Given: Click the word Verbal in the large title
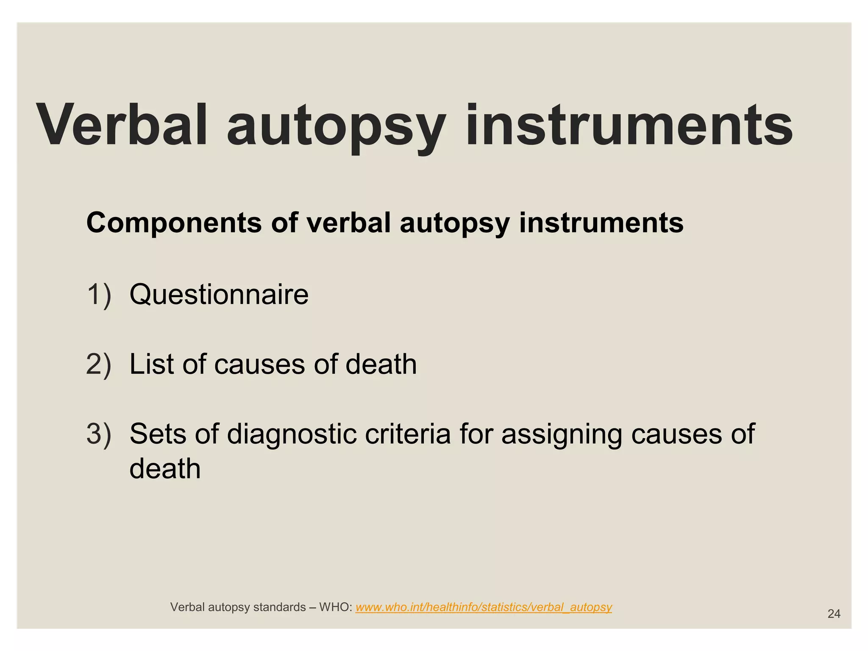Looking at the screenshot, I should point(123,125).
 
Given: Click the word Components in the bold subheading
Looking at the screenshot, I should point(174,223).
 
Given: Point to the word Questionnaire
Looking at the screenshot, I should point(219,294).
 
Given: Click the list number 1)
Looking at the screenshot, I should point(99,294).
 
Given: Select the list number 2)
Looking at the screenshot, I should point(99,364).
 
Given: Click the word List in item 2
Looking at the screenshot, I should point(152,364).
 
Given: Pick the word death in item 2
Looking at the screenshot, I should point(381,364).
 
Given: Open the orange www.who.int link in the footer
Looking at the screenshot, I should point(484,607).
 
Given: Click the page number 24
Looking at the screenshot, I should point(834,614).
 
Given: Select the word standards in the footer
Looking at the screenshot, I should point(279,607).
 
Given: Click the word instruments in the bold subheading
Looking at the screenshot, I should point(601,223).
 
